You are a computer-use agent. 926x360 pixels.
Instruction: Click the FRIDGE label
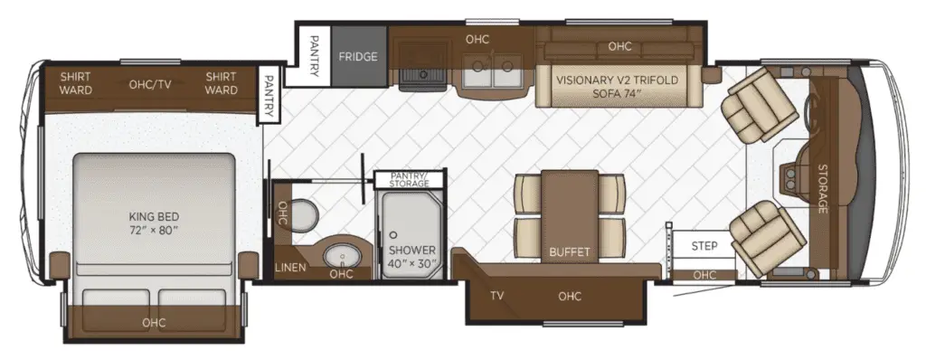point(358,57)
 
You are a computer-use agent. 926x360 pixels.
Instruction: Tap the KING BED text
point(154,217)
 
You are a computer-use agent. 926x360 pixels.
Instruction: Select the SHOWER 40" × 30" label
point(412,257)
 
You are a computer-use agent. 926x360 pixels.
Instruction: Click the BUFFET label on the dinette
point(570,251)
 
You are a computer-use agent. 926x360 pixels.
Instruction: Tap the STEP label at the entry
point(704,246)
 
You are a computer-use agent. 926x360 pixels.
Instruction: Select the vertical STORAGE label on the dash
point(823,188)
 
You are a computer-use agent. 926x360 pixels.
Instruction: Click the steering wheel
point(810,110)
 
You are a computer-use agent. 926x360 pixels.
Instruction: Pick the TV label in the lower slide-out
point(496,296)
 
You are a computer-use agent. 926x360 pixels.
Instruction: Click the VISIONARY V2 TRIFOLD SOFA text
point(618,86)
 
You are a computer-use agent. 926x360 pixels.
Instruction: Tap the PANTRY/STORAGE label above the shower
point(410,180)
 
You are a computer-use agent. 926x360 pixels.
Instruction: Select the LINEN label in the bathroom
point(290,268)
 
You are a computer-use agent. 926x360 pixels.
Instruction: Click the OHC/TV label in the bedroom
point(150,84)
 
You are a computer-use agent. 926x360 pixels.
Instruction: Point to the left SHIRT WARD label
point(76,83)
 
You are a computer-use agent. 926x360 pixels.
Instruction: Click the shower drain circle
point(392,234)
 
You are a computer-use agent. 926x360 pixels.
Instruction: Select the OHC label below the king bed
point(154,323)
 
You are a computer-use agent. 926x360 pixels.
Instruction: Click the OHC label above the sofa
point(619,46)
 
